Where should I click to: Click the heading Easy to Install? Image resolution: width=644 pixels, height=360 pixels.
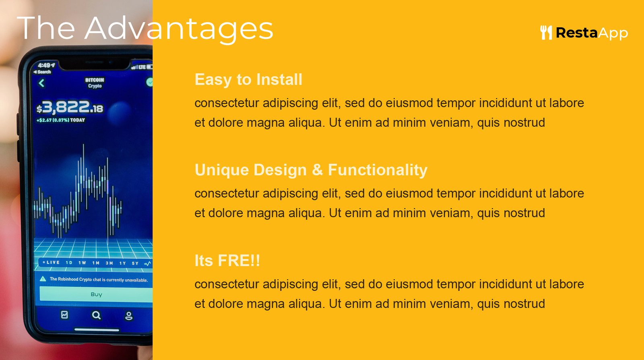tap(248, 80)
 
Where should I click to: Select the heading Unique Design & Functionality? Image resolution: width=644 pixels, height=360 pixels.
tap(311, 170)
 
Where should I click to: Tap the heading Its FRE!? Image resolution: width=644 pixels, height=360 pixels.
tap(227, 261)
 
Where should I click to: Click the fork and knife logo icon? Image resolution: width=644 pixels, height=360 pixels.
tap(546, 33)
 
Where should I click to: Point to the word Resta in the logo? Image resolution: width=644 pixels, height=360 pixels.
tap(577, 33)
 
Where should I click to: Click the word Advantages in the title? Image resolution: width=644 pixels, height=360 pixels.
tap(179, 29)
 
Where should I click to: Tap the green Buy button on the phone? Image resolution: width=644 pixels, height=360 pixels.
tap(96, 294)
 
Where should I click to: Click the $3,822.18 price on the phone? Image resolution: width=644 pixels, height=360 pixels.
tap(70, 107)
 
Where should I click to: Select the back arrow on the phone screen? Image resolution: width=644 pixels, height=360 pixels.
tap(41, 83)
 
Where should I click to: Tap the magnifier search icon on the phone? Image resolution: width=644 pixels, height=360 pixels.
tap(96, 315)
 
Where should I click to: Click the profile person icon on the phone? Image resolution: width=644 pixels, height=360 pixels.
tap(128, 316)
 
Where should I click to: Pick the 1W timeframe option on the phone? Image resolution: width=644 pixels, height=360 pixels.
tap(82, 263)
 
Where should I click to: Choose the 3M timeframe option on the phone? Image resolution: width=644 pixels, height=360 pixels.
tap(109, 263)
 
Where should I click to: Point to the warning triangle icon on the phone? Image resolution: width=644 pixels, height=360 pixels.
tap(43, 279)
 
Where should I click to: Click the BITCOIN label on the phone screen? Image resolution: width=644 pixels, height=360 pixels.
tap(95, 80)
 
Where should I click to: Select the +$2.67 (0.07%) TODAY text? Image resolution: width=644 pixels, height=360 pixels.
tap(61, 120)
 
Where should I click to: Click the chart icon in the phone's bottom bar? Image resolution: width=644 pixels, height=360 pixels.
tap(64, 315)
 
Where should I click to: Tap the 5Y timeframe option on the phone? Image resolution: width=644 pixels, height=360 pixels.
tap(135, 263)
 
